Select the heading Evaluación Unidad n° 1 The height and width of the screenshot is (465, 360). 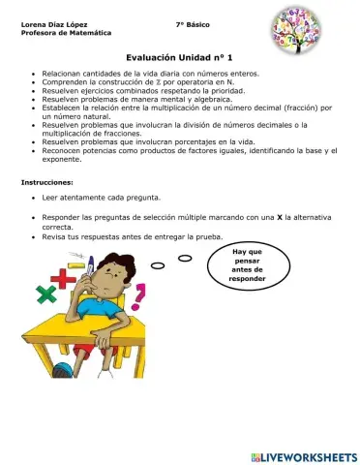click(179, 59)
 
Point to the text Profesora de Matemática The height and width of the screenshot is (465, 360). click(56, 33)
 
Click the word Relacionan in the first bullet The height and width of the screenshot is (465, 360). click(63, 73)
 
